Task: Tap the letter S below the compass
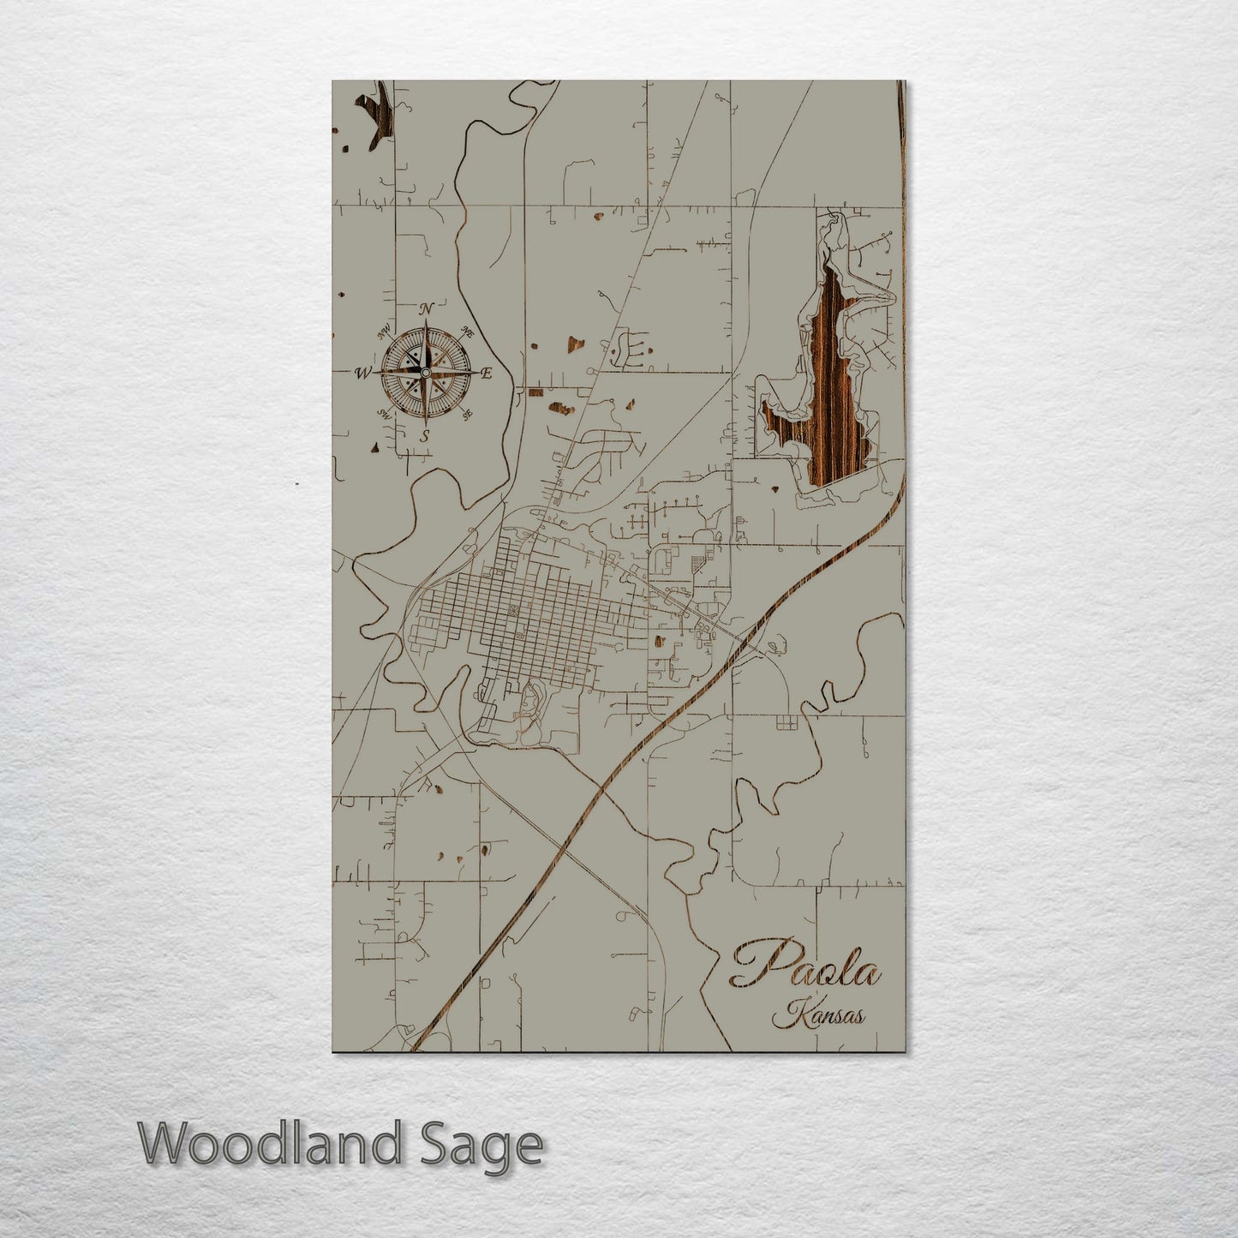tap(425, 436)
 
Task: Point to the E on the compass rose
tap(487, 373)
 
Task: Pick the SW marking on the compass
tap(385, 413)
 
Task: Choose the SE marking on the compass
tap(467, 415)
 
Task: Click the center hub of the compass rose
tap(426, 373)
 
